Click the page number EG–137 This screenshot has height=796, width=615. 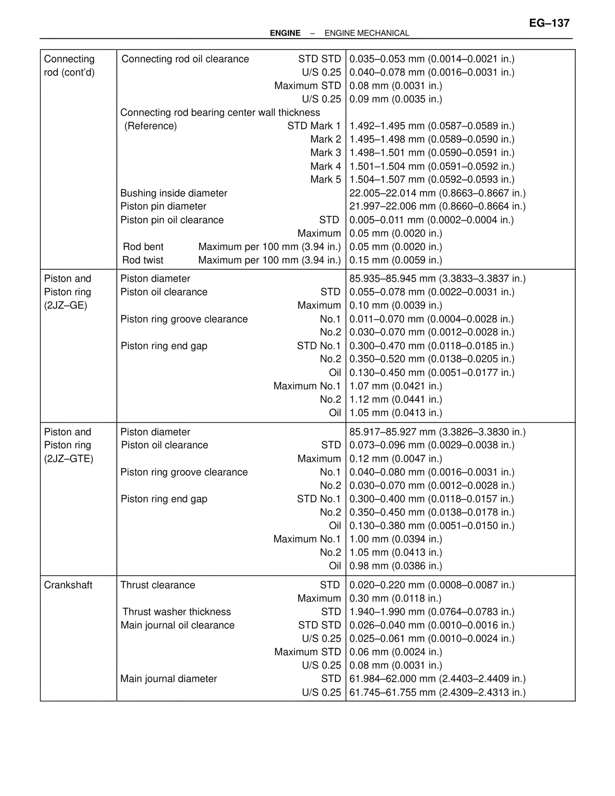[549, 23]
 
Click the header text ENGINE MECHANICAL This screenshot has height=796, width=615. [367, 33]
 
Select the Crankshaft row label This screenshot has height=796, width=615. [68, 585]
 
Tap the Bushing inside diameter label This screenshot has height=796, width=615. [173, 193]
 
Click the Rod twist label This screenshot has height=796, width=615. [143, 260]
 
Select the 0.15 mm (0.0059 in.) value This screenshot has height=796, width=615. [395, 260]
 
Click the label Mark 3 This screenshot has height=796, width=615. [325, 153]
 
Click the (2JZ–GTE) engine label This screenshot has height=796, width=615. [68, 459]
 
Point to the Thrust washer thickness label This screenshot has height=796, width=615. [176, 612]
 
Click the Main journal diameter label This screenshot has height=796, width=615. [169, 679]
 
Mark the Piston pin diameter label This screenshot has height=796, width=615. [163, 206]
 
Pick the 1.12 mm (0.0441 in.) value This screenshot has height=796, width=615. [395, 399]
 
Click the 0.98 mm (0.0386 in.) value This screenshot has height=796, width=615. [395, 566]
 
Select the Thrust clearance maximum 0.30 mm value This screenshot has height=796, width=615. [395, 598]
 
